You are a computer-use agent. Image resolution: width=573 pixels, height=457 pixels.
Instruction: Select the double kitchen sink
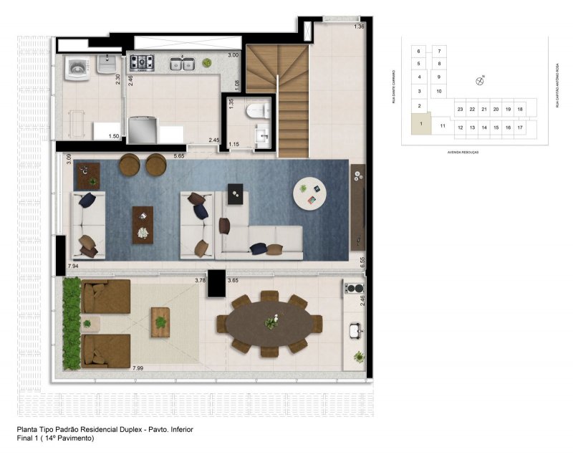click(x=182, y=64)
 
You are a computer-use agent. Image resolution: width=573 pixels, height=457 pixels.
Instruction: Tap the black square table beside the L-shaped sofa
click(x=234, y=193)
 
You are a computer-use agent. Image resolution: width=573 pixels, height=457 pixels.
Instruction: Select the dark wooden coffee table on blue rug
click(x=143, y=224)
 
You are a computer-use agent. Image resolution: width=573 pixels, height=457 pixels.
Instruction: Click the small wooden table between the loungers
click(x=161, y=319)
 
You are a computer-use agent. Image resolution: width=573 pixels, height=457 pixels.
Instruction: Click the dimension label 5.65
click(x=179, y=155)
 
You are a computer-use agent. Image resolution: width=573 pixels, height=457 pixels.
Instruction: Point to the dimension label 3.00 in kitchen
click(x=233, y=55)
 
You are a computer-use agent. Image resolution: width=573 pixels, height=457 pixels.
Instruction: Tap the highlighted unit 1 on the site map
click(x=421, y=124)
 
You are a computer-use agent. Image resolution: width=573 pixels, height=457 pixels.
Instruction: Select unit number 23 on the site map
click(x=461, y=109)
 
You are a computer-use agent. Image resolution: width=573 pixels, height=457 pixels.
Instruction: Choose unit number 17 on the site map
click(x=520, y=127)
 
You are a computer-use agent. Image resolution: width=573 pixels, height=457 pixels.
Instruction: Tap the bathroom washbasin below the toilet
click(x=261, y=135)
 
